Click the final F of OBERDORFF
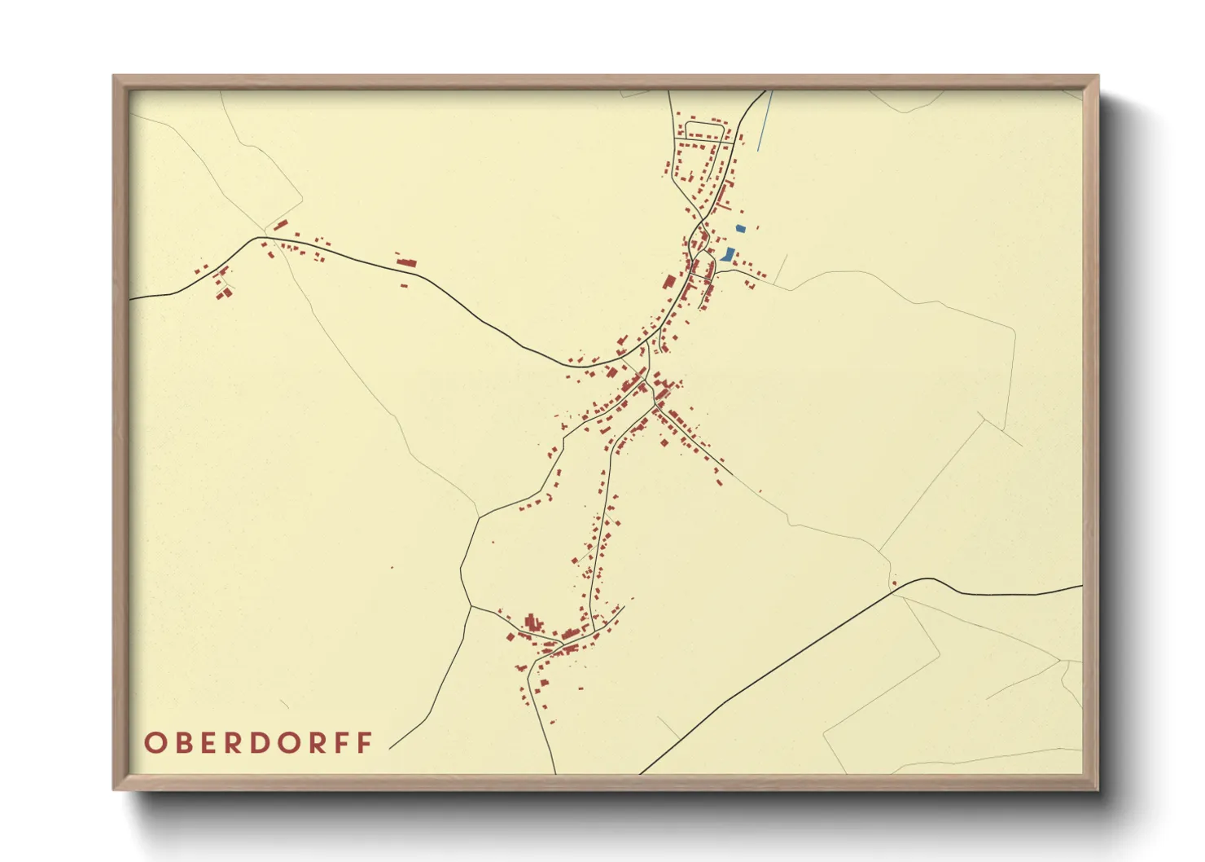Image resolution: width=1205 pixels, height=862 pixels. (366, 743)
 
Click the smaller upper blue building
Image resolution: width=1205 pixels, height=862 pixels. (740, 229)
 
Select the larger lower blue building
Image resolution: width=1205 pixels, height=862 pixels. (727, 255)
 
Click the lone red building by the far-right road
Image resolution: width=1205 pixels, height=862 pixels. (893, 583)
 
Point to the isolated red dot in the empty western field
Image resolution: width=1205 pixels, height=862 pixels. (392, 568)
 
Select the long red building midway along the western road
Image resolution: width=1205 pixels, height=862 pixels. (406, 262)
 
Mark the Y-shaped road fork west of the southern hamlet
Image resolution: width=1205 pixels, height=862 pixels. (471, 606)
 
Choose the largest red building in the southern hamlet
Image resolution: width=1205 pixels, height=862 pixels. (533, 624)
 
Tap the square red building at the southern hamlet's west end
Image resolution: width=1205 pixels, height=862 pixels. (510, 636)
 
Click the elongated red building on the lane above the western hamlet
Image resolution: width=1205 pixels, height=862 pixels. (280, 224)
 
